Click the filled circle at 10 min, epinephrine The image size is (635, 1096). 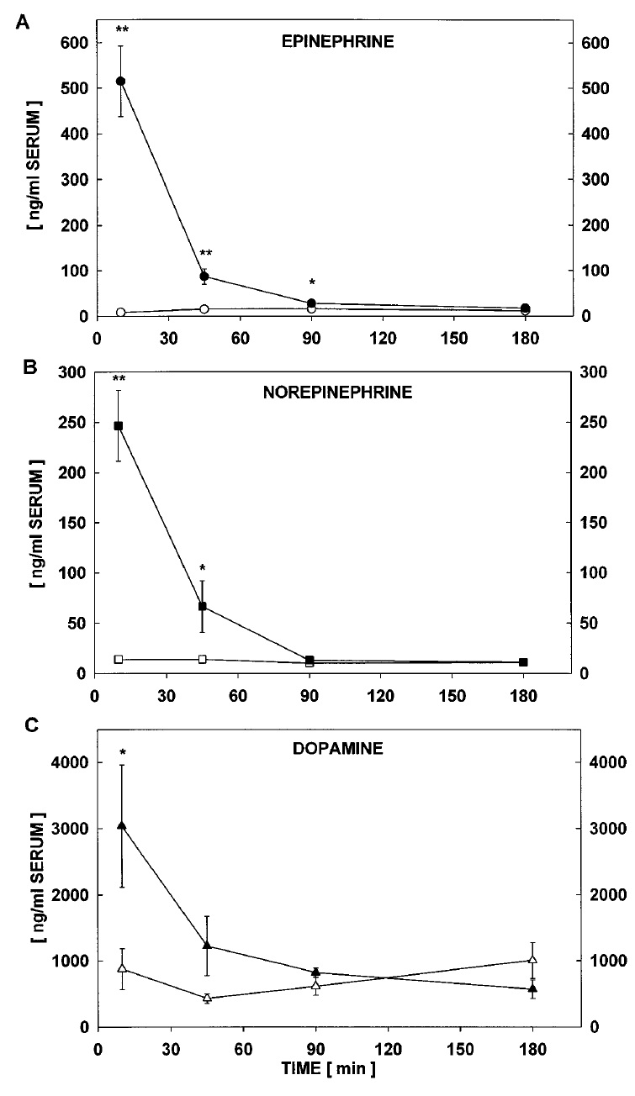[120, 82]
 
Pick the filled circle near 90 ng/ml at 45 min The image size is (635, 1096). [204, 277]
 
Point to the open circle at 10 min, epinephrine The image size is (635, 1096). [120, 313]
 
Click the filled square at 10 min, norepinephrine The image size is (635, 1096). [119, 426]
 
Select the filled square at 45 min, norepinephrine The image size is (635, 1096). [202, 606]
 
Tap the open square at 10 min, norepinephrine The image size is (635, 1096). [119, 659]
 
